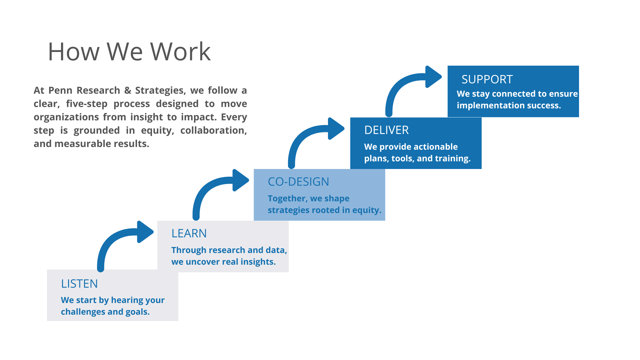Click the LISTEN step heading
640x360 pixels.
[79, 284]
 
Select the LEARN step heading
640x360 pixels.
[189, 233]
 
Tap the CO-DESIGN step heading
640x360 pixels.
[298, 182]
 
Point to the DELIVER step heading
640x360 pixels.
[386, 130]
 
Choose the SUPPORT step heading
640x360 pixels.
[487, 79]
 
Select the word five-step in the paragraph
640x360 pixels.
[87, 104]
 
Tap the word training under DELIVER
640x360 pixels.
[455, 158]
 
